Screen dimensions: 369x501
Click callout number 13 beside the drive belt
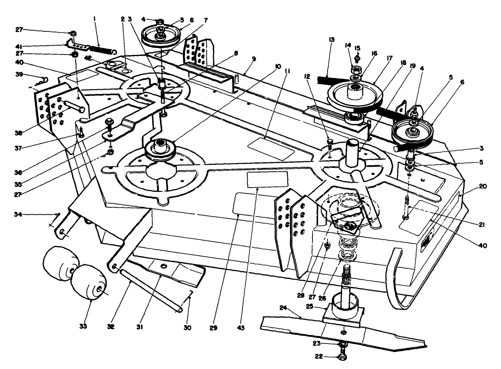pyautogui.click(x=332, y=39)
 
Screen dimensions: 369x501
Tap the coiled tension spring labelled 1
pyautogui.click(x=103, y=49)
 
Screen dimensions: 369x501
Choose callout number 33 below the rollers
pyautogui.click(x=83, y=326)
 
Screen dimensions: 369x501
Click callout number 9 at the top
pyautogui.click(x=254, y=59)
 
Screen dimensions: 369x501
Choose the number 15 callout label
pyautogui.click(x=357, y=48)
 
